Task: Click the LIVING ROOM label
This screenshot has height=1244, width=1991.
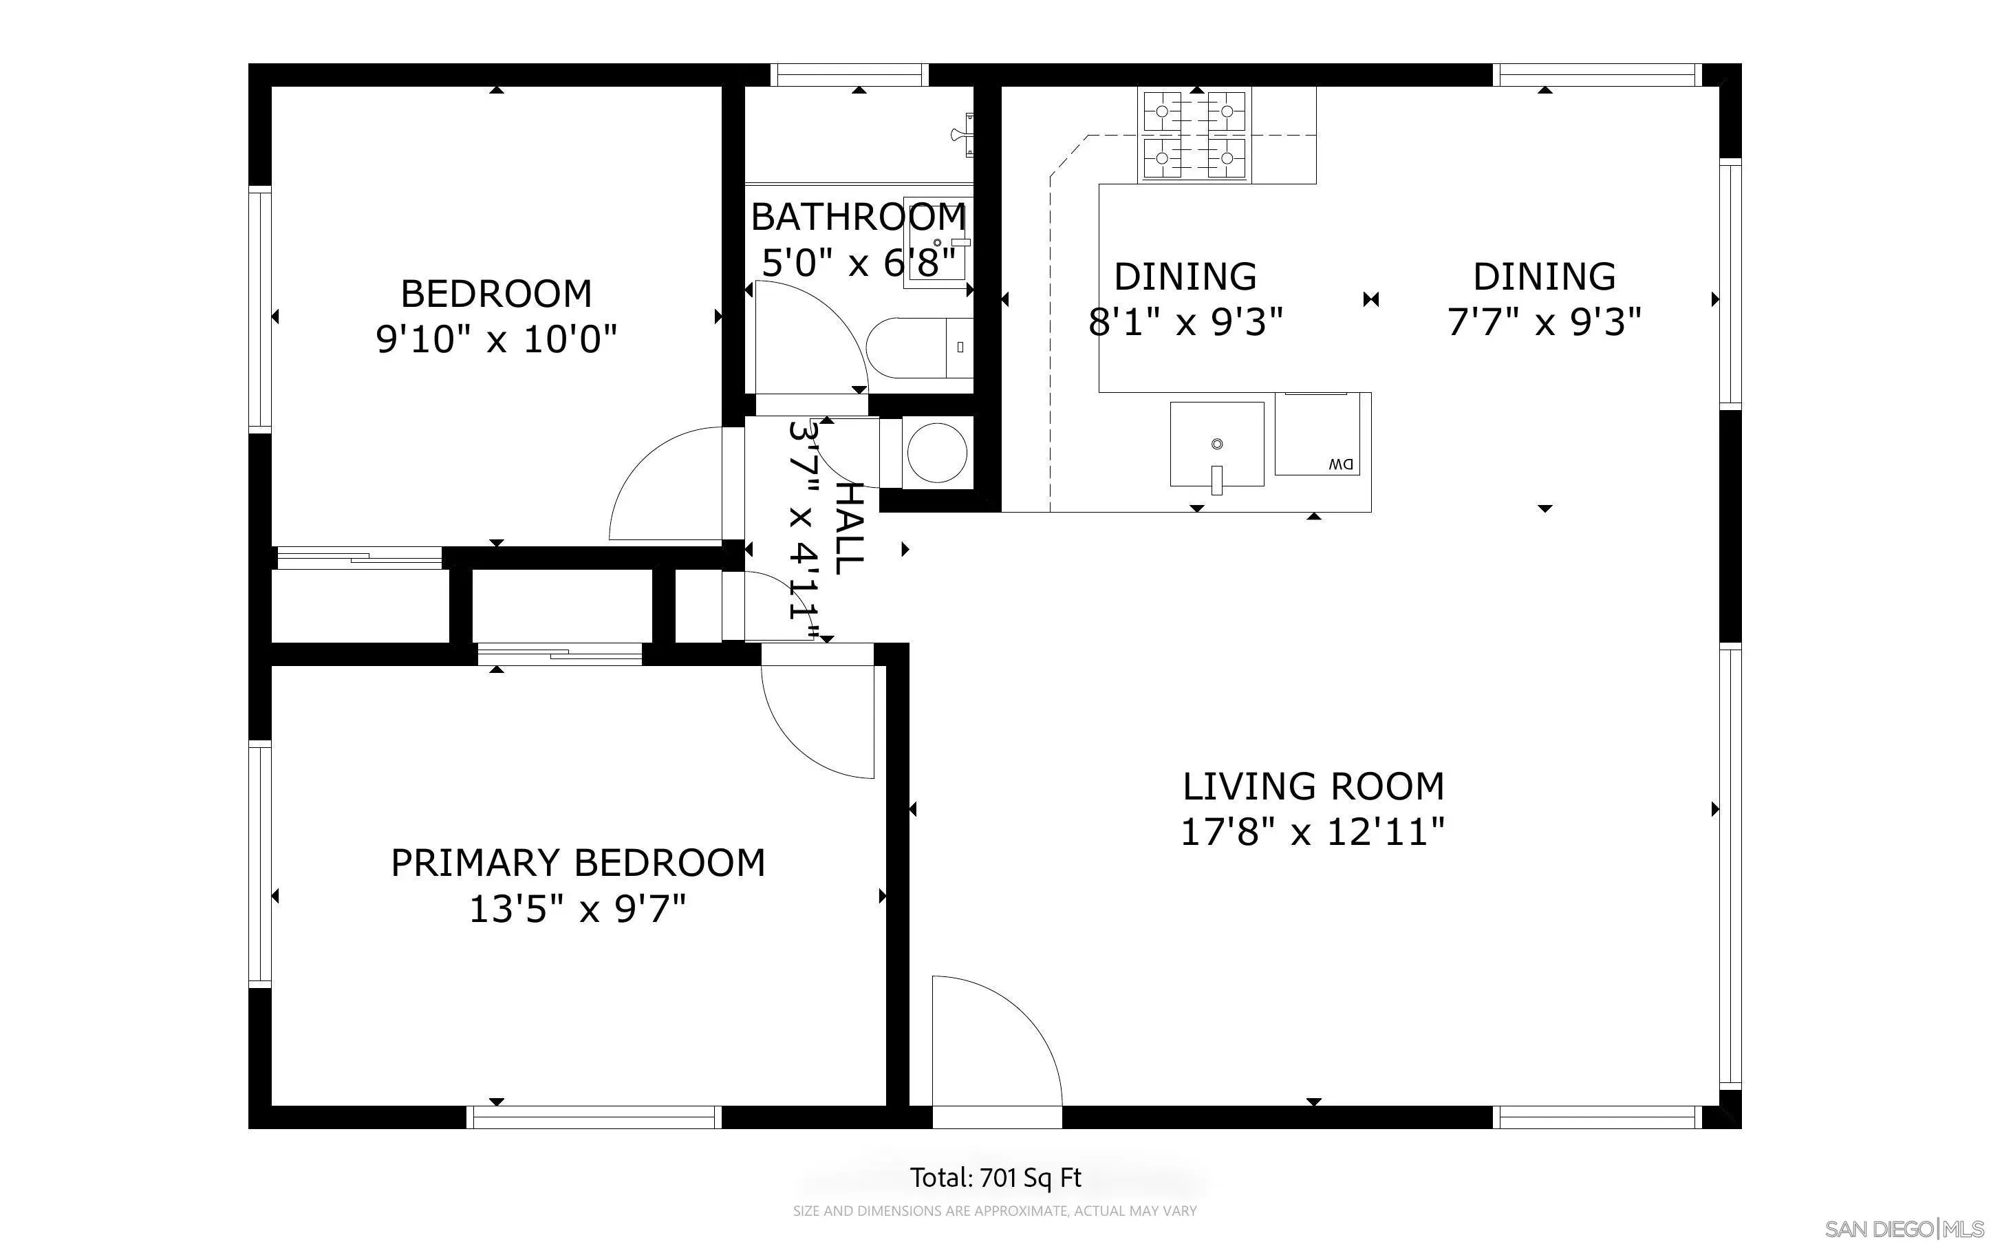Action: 1313,786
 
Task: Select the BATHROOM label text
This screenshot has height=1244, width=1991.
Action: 858,217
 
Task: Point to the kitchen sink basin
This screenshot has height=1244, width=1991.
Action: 1216,444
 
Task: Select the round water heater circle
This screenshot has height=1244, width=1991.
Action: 937,453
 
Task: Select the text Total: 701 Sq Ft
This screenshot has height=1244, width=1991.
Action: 995,1177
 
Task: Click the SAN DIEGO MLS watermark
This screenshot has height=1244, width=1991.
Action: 1906,1229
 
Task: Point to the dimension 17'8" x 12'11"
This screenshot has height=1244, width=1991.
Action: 1313,832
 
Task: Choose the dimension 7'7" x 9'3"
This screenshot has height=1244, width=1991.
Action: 1544,322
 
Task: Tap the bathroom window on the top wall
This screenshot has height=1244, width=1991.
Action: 850,75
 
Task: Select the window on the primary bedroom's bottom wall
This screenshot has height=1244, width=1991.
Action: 594,1117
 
